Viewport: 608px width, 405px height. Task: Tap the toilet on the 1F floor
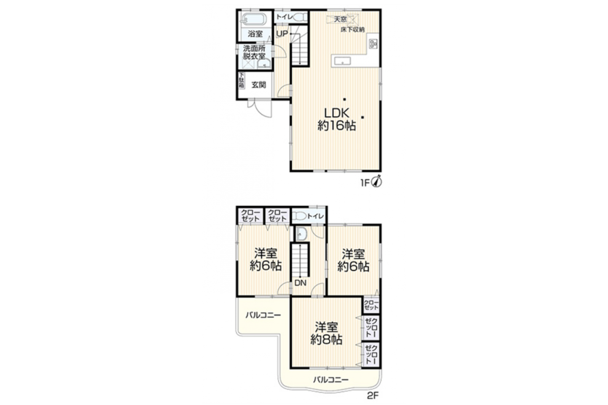click(x=301, y=17)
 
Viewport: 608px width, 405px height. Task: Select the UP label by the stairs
click(x=282, y=34)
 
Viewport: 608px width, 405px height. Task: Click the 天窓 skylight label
click(x=340, y=19)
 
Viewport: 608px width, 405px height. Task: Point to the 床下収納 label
click(x=353, y=30)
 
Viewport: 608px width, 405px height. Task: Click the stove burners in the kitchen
click(x=373, y=44)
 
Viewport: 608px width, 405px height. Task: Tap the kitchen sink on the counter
click(x=342, y=61)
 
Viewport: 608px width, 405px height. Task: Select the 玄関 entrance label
click(x=258, y=85)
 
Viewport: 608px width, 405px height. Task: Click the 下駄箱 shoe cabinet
click(x=242, y=80)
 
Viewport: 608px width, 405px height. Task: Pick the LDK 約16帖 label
click(x=337, y=120)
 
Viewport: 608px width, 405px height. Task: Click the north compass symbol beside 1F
click(x=377, y=182)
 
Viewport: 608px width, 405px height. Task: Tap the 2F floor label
click(x=373, y=396)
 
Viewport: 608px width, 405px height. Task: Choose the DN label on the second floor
click(x=300, y=283)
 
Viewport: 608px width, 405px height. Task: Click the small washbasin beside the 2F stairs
click(x=301, y=234)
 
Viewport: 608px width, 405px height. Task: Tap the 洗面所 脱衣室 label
click(x=254, y=53)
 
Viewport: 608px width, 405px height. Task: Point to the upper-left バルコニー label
click(x=263, y=315)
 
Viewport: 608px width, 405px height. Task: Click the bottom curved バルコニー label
click(x=331, y=380)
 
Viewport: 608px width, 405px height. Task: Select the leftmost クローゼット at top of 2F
click(x=250, y=216)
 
